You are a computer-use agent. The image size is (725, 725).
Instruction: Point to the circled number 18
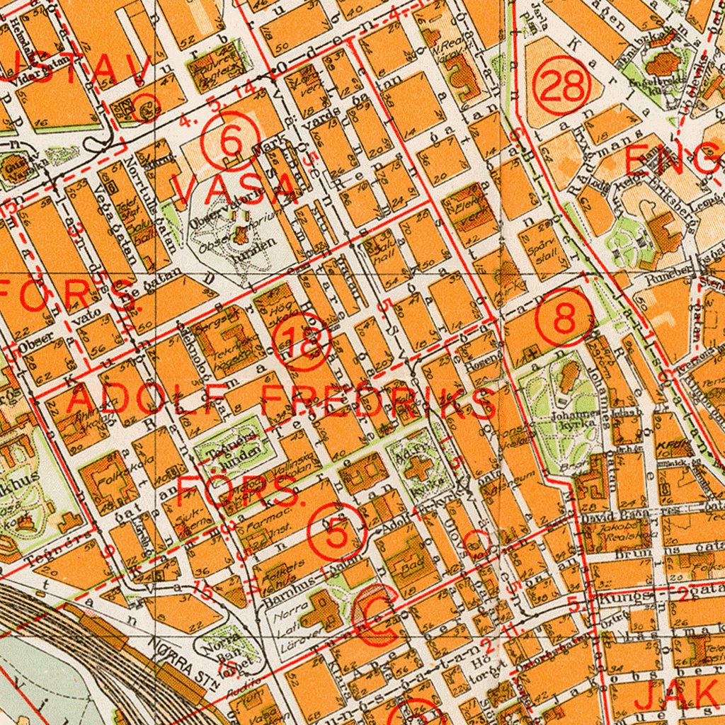(x=304, y=341)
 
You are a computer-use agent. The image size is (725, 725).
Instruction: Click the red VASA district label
(x=234, y=188)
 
